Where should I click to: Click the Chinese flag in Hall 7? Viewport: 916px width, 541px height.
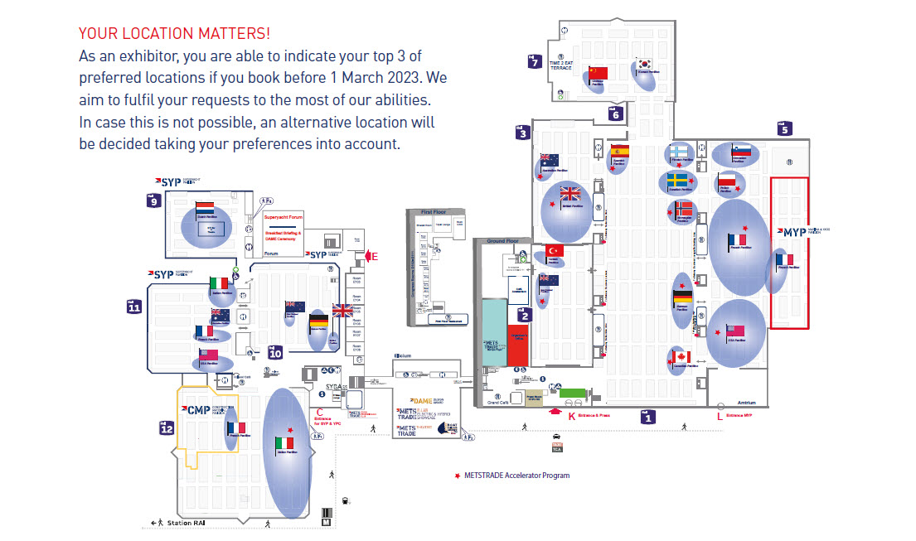[x=598, y=73]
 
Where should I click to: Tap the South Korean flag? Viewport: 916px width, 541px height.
[x=644, y=65]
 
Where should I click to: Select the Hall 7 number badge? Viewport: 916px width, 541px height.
[x=536, y=61]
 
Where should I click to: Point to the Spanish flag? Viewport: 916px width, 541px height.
[x=620, y=151]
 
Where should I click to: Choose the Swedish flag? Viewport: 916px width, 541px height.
[x=677, y=180]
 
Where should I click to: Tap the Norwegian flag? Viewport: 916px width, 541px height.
[x=684, y=209]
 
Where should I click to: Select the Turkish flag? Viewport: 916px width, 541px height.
[x=555, y=250]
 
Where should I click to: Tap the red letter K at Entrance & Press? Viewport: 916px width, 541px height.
[x=571, y=416]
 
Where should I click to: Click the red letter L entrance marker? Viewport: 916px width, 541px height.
[x=720, y=417]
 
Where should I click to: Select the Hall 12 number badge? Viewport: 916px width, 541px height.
[x=167, y=428]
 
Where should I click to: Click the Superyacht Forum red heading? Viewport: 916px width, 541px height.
[x=284, y=218]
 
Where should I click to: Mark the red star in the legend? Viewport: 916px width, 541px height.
[x=457, y=476]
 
